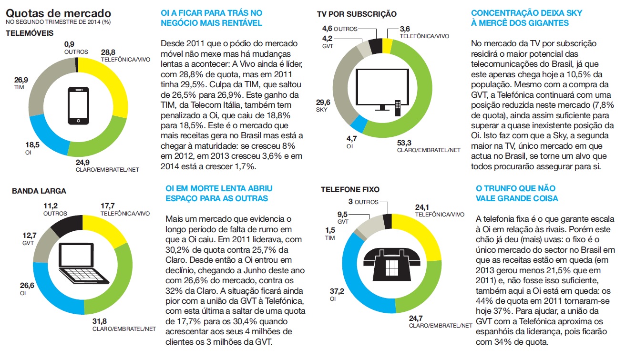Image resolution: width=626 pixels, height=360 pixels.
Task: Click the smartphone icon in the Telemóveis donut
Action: coord(79,105)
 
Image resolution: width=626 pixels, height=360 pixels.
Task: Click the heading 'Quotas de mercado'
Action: coord(58,13)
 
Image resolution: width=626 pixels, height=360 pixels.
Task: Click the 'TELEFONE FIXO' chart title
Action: coord(351,190)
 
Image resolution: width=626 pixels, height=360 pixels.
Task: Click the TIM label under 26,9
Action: coord(20,87)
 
